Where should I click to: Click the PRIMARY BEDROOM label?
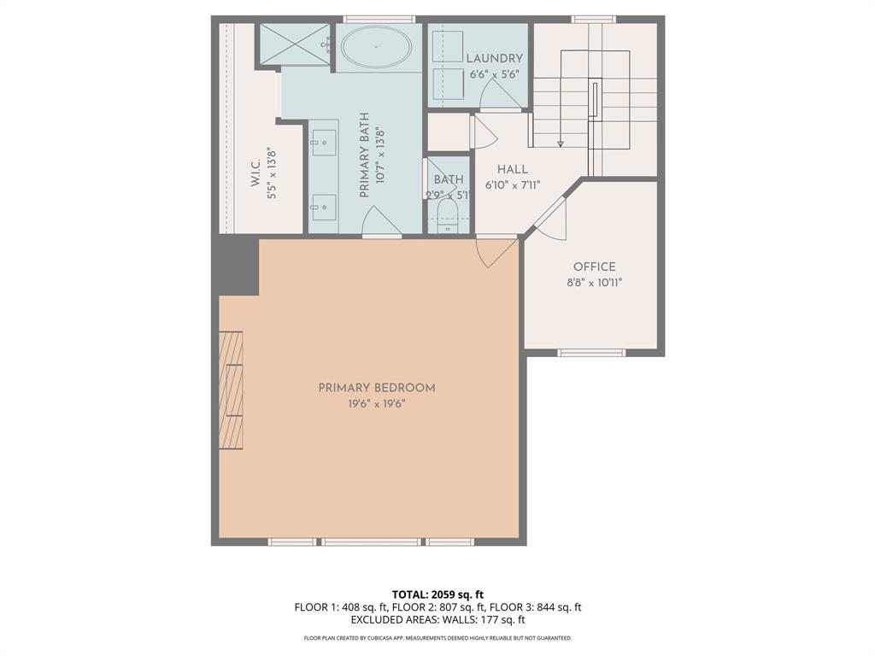pyautogui.click(x=377, y=388)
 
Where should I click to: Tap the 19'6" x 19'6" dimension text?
pyautogui.click(x=377, y=404)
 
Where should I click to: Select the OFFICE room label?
pyautogui.click(x=594, y=267)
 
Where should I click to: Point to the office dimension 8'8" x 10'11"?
pyautogui.click(x=594, y=283)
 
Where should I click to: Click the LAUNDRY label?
pyautogui.click(x=494, y=58)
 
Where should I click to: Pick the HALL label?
pyautogui.click(x=513, y=169)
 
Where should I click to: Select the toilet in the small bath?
pyautogui.click(x=448, y=217)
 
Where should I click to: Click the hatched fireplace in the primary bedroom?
pyautogui.click(x=231, y=390)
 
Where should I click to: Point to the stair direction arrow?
pyautogui.click(x=561, y=143)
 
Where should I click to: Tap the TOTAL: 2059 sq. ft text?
pyautogui.click(x=437, y=594)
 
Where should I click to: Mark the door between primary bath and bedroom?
pyautogui.click(x=381, y=224)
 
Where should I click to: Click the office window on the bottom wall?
pyautogui.click(x=591, y=352)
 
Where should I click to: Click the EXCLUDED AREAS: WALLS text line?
pyautogui.click(x=437, y=620)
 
